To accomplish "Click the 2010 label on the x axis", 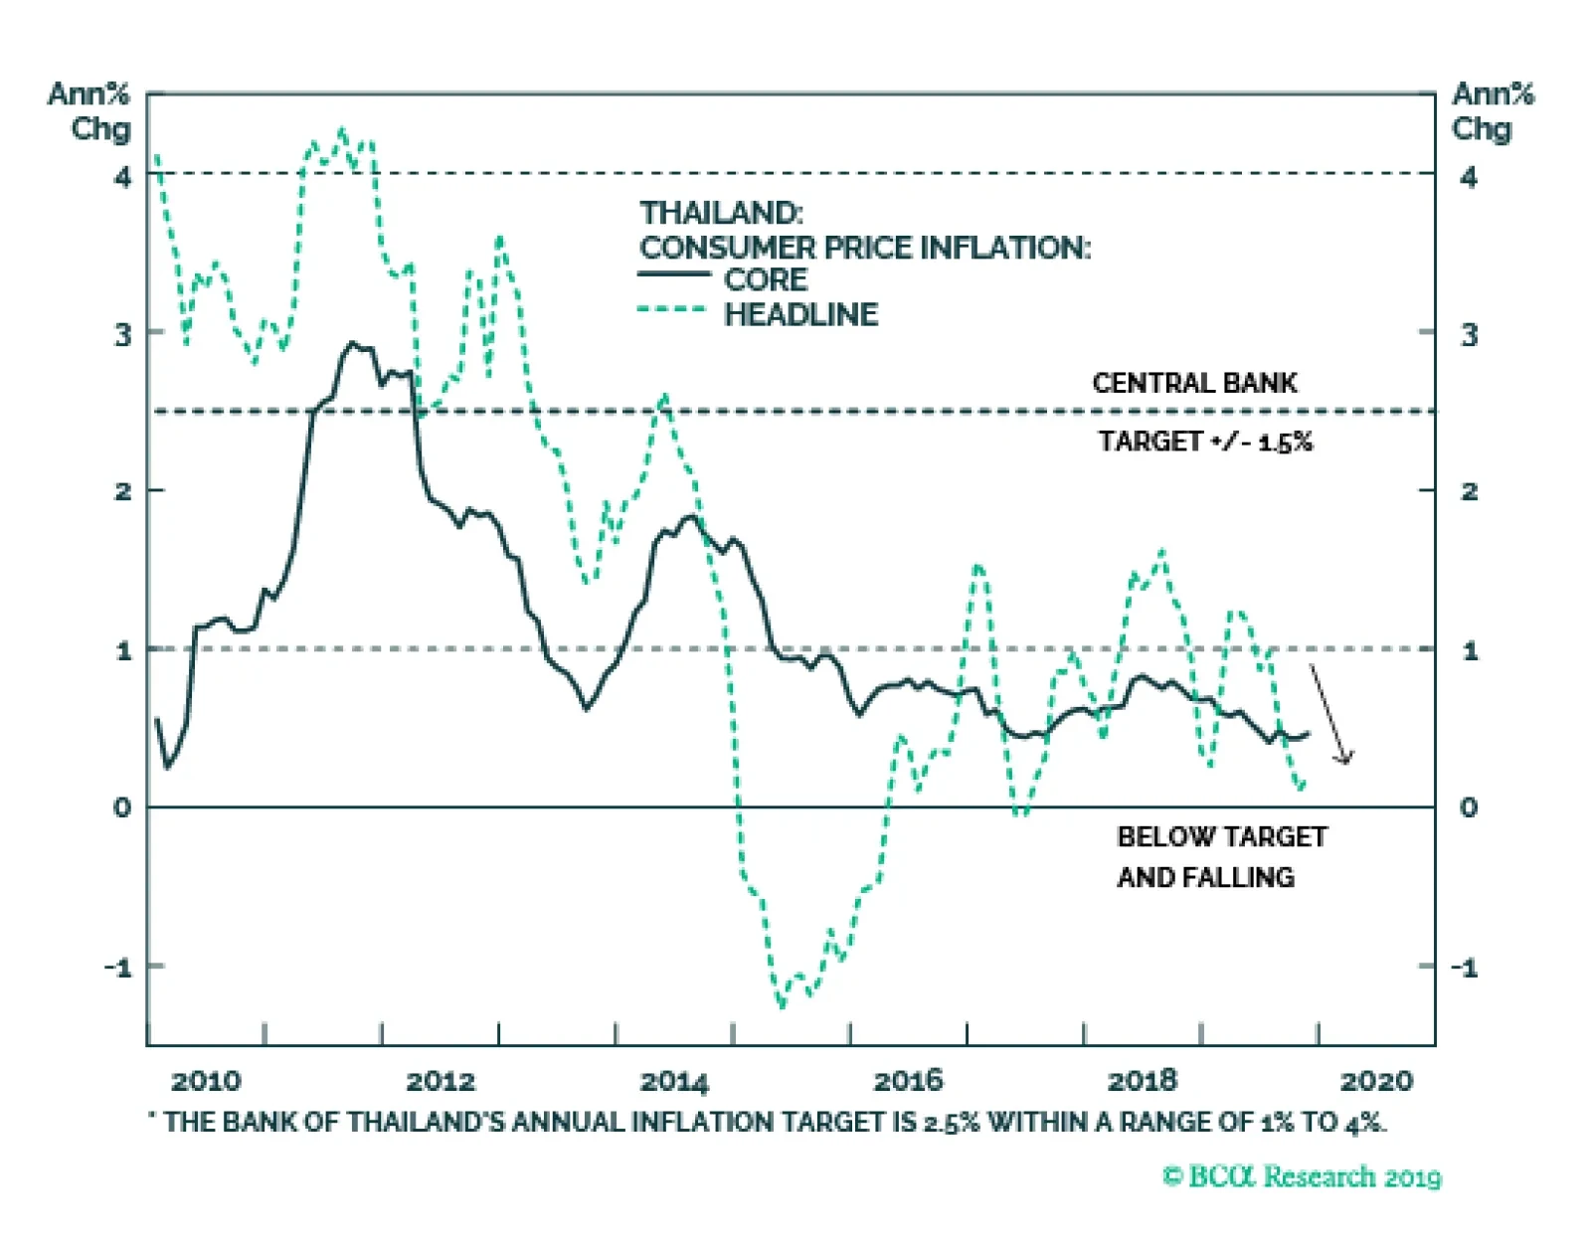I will point(206,1081).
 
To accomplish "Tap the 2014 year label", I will point(674,1081).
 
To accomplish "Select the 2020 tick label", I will point(1376,1081).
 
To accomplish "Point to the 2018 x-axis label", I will point(1143,1081).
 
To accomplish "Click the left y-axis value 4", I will point(122,177).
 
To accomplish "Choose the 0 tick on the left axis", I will point(122,807).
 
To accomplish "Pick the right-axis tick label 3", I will point(1469,335).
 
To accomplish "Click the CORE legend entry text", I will point(766,280).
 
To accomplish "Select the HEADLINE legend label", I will point(800,315).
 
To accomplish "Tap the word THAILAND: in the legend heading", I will point(721,213).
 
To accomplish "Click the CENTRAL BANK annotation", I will point(1194,383).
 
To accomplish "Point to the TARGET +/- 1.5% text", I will point(1205,442).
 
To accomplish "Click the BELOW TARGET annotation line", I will point(1222,837).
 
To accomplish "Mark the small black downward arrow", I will point(1329,715).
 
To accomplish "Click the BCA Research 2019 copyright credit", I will point(1302,1177).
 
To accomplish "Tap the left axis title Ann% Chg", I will point(89,111).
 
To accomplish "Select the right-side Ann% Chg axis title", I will point(1492,111).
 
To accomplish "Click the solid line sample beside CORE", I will point(673,273).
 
